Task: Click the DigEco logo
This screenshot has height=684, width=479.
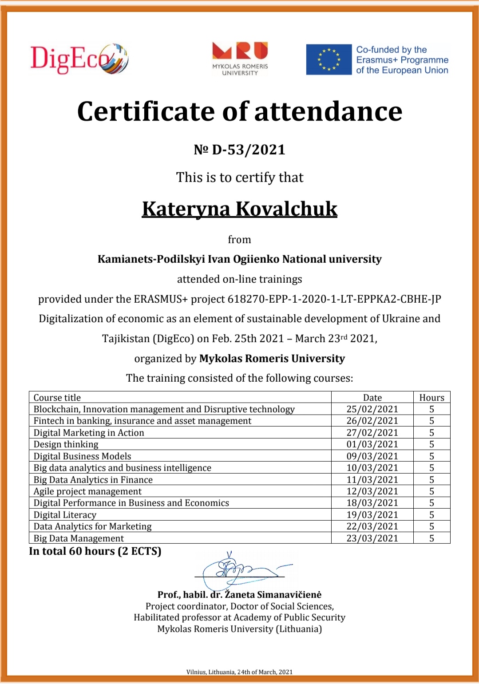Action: pos(79,59)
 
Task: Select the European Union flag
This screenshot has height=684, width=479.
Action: pos(329,59)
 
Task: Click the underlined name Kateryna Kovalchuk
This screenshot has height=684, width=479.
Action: pos(240,209)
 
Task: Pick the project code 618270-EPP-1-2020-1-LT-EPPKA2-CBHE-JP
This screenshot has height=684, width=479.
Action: pos(334,299)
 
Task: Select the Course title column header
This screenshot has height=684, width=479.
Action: pos(57,398)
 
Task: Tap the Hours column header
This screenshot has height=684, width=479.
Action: pos(431,398)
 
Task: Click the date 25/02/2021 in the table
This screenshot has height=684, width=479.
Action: pos(372,409)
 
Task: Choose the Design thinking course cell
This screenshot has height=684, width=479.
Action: pos(66,444)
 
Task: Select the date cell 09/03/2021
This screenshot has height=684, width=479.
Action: pos(372,456)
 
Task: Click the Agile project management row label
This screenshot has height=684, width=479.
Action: pos(87,491)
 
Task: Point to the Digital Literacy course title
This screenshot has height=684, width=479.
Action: pos(65,515)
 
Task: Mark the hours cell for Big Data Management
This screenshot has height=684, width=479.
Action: pos(431,538)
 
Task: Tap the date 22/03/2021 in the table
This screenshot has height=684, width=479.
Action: pos(372,526)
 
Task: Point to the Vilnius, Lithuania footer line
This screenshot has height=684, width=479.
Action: pos(239,672)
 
